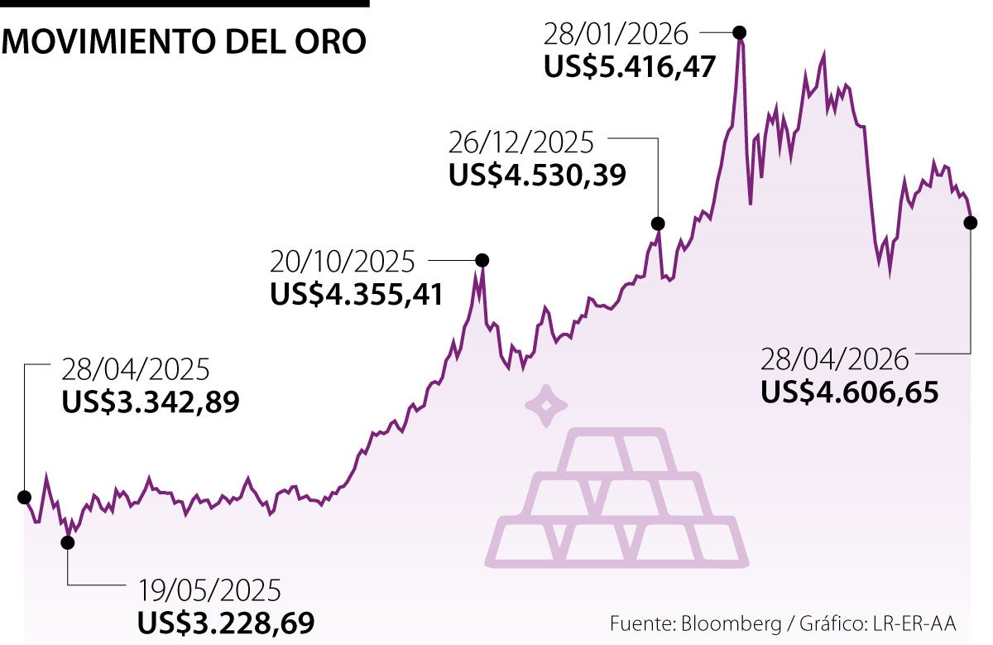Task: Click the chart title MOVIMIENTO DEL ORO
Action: [184, 41]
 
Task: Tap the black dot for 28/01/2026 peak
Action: [740, 32]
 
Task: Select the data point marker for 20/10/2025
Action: [482, 260]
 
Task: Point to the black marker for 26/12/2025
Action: [658, 223]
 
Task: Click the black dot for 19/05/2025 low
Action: [67, 542]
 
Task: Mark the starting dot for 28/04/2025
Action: [24, 497]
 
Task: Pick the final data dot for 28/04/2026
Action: [970, 222]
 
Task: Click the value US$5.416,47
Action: [629, 67]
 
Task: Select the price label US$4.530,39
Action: [537, 175]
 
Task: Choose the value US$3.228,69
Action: [225, 623]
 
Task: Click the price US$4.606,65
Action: [849, 392]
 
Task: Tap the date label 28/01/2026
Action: [616, 34]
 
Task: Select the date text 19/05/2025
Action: [210, 590]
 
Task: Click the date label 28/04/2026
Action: [835, 359]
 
